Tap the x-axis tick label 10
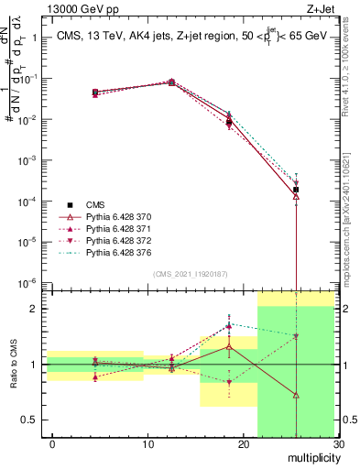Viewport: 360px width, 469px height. pyautogui.click(x=147, y=444)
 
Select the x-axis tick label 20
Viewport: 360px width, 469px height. pyautogui.click(x=243, y=444)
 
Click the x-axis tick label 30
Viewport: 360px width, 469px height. pyautogui.click(x=337, y=444)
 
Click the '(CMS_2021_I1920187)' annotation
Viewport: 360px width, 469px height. pyautogui.click(x=191, y=274)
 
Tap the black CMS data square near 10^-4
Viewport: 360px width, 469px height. pyautogui.click(x=296, y=190)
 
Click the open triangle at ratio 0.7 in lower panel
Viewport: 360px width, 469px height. pyautogui.click(x=296, y=395)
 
